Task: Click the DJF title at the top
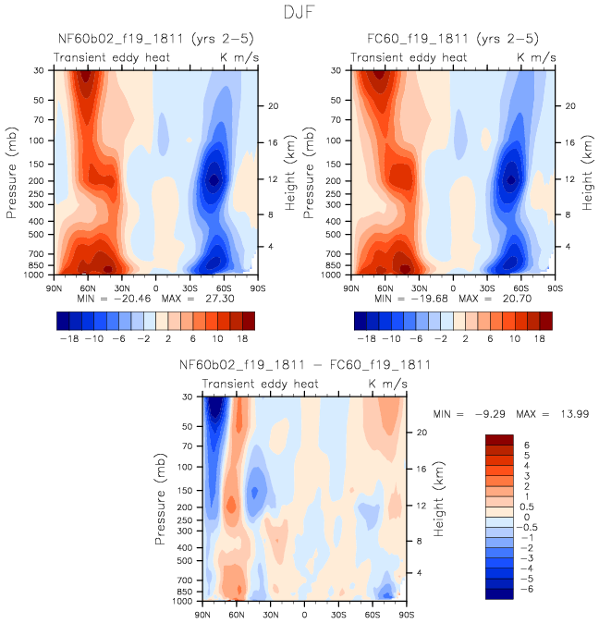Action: point(299,13)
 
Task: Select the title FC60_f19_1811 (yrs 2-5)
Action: point(450,41)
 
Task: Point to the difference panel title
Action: point(291,365)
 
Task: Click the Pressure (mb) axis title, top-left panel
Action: point(13,172)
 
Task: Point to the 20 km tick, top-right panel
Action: point(573,105)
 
